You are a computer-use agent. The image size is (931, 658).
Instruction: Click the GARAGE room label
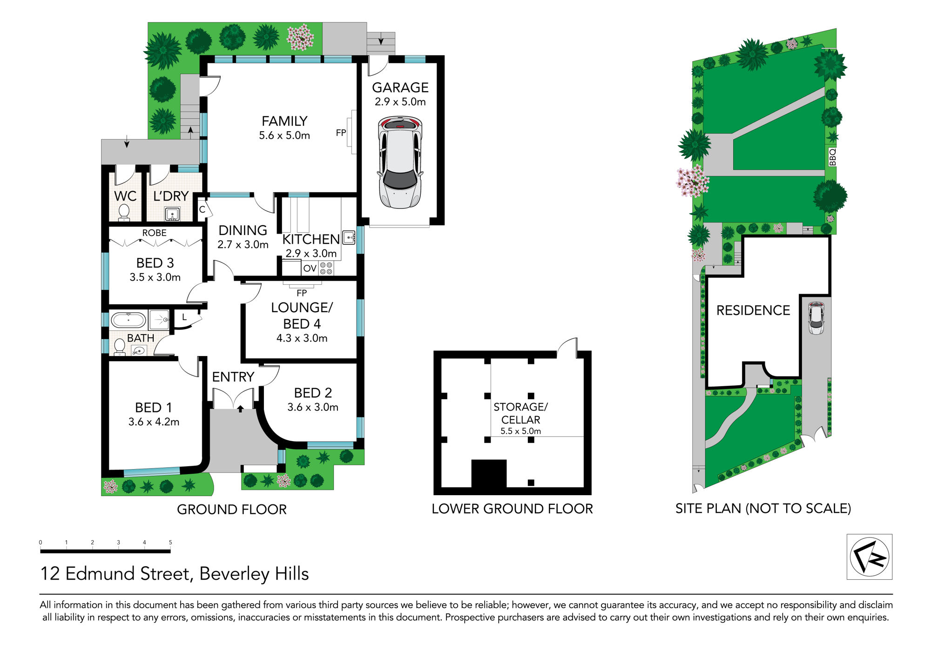(400, 87)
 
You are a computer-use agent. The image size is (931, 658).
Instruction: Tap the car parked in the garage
(400, 162)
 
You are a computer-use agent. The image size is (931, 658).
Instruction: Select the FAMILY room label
(284, 121)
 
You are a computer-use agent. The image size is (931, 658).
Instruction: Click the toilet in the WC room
(124, 213)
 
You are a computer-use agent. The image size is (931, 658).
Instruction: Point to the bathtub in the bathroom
(128, 320)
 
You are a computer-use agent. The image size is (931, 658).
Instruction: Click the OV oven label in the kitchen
(310, 269)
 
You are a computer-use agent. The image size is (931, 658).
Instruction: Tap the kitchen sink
(349, 238)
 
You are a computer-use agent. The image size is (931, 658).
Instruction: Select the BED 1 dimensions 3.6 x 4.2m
(154, 422)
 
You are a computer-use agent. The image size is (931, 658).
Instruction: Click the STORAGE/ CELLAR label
(520, 413)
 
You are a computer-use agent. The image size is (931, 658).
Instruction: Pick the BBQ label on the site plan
(833, 157)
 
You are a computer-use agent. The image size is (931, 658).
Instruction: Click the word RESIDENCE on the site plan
(753, 310)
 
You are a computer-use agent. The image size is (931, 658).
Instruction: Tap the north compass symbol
(869, 557)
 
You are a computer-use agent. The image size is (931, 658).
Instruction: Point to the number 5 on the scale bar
(170, 542)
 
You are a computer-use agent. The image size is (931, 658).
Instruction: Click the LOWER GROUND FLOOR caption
(512, 509)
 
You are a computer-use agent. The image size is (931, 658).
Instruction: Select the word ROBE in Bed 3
(154, 233)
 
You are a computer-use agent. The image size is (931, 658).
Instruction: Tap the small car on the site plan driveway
(816, 318)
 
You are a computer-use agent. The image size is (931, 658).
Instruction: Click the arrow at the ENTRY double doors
(240, 409)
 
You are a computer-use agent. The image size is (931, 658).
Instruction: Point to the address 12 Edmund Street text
(116, 574)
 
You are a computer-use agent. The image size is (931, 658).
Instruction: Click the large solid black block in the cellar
(489, 473)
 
